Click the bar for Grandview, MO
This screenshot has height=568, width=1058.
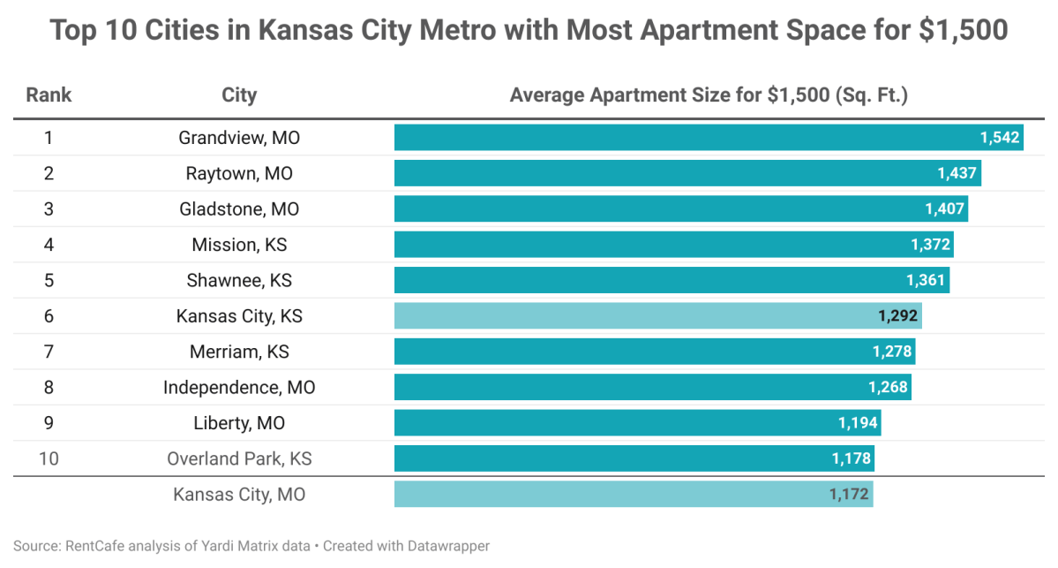(688, 138)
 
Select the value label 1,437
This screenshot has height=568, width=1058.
(957, 173)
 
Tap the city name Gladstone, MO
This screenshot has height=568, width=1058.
(239, 209)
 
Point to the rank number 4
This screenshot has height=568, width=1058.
(49, 245)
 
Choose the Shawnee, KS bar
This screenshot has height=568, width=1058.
(653, 281)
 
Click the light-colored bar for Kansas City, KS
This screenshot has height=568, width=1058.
(635, 316)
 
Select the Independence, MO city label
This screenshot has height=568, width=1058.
(239, 388)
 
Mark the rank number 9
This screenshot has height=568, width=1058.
(49, 423)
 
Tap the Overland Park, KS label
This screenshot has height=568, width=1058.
(239, 458)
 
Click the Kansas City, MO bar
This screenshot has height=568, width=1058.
(618, 495)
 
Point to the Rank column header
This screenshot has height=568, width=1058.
(49, 95)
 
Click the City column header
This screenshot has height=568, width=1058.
(239, 95)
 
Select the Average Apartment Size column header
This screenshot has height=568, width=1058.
(709, 95)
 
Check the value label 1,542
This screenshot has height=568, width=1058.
(999, 138)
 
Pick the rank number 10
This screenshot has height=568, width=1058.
(49, 458)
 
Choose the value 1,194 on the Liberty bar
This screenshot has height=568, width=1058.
(858, 423)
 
